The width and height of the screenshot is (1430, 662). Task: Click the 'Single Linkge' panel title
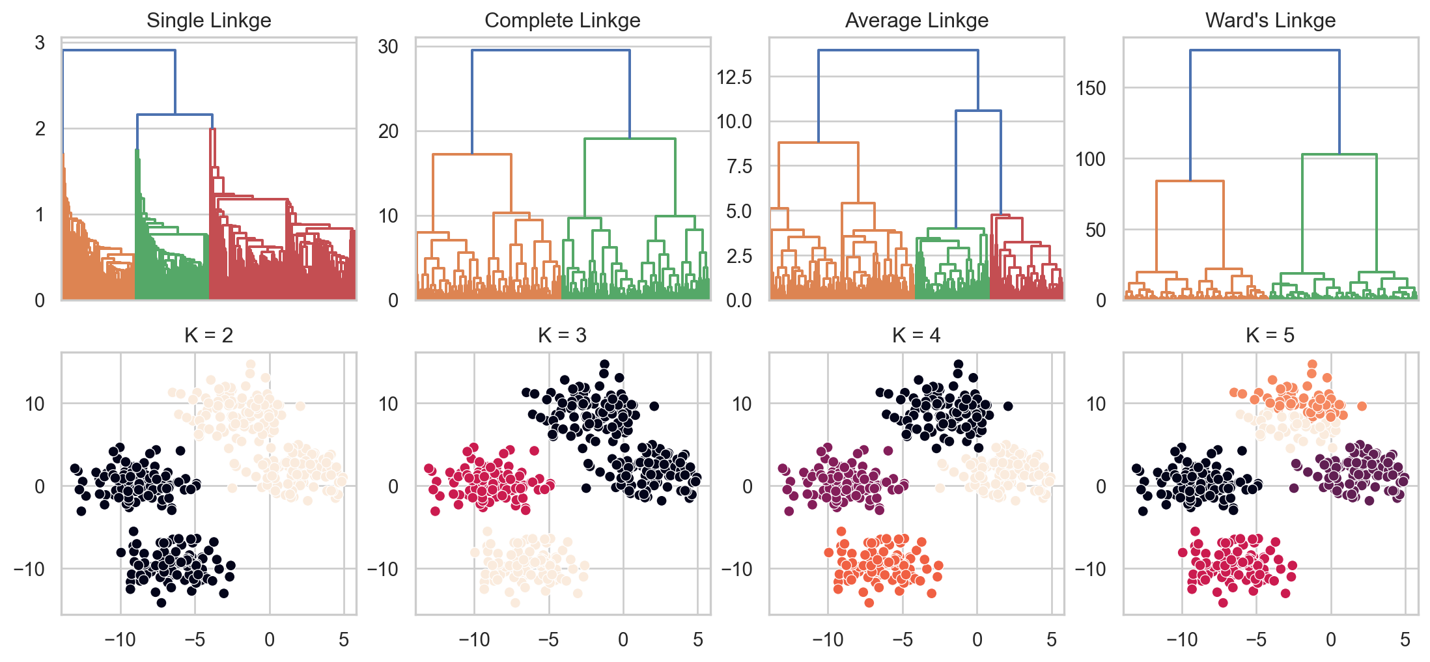pos(208,20)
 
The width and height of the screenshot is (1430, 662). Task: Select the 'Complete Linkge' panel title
pos(562,20)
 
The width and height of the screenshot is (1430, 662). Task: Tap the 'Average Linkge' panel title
pos(916,20)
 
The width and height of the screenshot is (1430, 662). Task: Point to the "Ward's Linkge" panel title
pos(1270,20)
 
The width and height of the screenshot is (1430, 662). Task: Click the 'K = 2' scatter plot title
pos(208,335)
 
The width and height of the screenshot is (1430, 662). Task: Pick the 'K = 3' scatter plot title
pos(562,335)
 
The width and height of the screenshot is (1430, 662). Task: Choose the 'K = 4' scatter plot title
pos(916,335)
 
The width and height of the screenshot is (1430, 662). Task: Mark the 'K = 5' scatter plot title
pos(1270,335)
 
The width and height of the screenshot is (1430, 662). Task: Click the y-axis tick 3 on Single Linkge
pos(40,43)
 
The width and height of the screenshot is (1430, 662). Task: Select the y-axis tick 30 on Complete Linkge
pos(388,47)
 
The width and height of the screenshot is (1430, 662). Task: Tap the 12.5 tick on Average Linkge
pos(734,77)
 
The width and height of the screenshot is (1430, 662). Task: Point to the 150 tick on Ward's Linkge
pos(1091,88)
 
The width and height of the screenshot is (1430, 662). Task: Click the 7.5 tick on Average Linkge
pos(739,167)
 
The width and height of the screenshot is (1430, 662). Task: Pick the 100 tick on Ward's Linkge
pos(1091,159)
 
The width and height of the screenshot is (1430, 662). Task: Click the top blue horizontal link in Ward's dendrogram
pos(1265,50)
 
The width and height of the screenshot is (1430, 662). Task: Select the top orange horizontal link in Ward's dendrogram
pos(1190,181)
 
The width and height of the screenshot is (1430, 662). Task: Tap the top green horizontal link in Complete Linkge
pos(630,139)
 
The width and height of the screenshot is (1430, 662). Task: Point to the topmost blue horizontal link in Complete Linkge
pos(551,50)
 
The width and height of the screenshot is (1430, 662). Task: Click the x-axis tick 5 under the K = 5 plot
pos(1405,640)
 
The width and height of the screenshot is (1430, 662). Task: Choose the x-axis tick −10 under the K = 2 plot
pos(120,640)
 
